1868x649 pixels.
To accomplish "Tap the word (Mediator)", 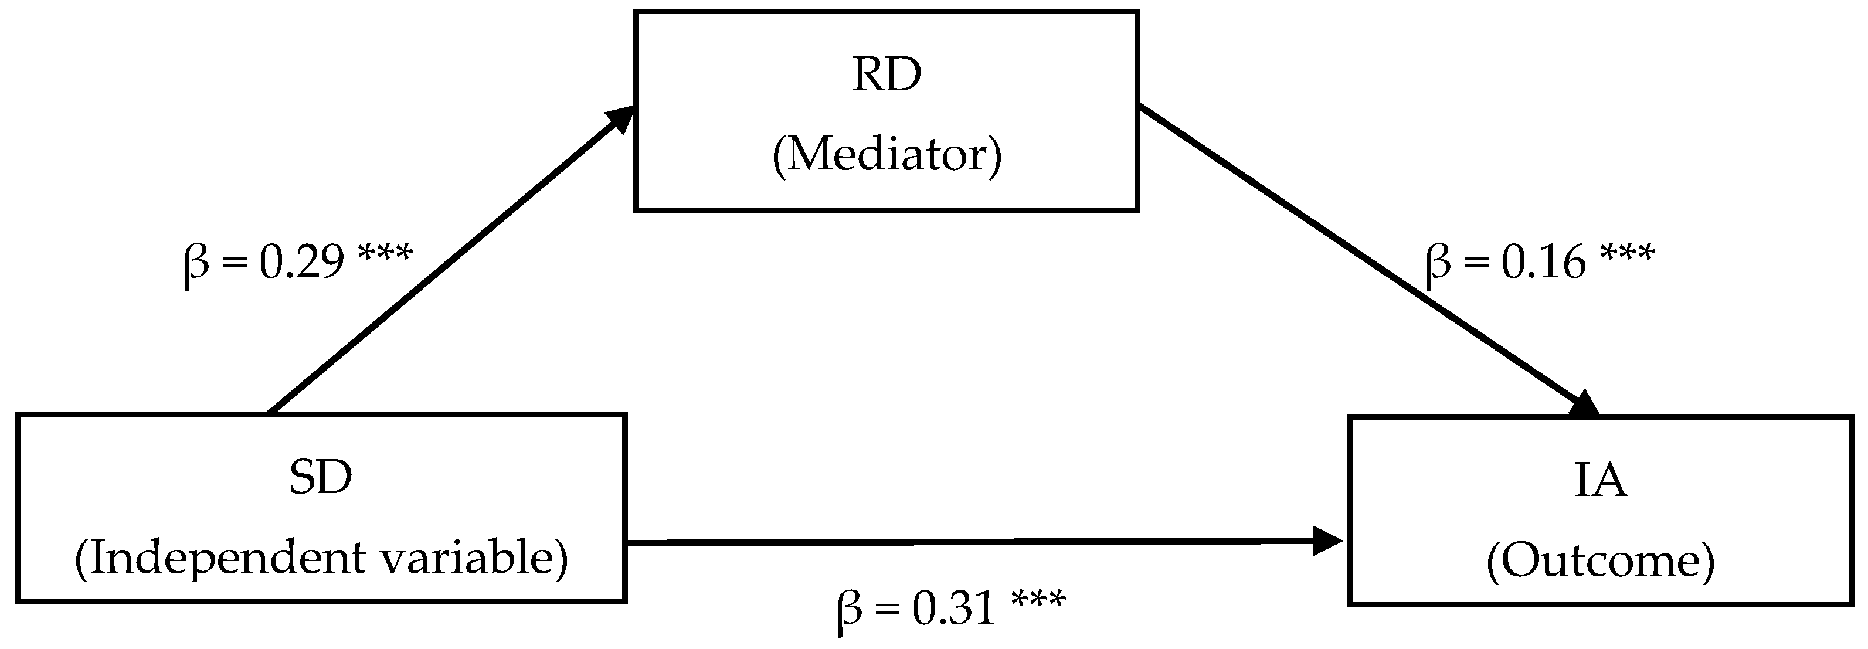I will (886, 154).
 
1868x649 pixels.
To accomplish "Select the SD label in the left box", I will (321, 478).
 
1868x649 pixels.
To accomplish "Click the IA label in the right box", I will (1601, 481).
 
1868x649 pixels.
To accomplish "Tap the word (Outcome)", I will (1601, 561).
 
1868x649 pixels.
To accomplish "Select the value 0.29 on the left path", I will (302, 263).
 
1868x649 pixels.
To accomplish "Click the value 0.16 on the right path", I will (1544, 263).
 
